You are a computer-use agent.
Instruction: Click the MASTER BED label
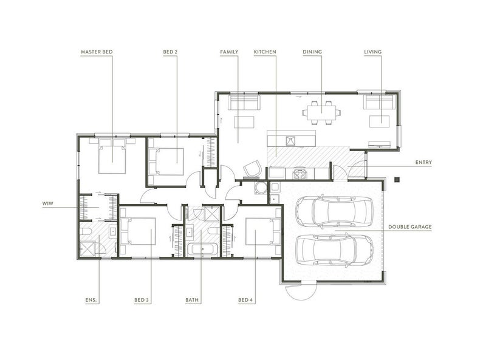pyautogui.click(x=97, y=52)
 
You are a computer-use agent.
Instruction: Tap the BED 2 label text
pyautogui.click(x=170, y=52)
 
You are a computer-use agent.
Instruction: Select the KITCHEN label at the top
pyautogui.click(x=265, y=52)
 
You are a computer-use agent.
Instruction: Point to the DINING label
pyautogui.click(x=312, y=52)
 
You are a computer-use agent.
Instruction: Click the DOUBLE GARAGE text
pyautogui.click(x=409, y=227)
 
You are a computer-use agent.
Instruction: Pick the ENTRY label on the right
pyautogui.click(x=423, y=162)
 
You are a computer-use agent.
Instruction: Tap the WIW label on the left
pyautogui.click(x=48, y=203)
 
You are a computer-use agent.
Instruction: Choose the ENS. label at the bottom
pyautogui.click(x=91, y=300)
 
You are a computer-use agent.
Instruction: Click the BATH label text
pyautogui.click(x=192, y=300)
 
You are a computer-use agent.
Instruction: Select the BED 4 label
pyautogui.click(x=245, y=300)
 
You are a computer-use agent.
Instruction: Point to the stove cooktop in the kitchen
pyautogui.click(x=299, y=174)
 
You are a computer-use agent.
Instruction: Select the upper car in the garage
pyautogui.click(x=335, y=212)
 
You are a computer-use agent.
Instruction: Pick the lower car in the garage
pyautogui.click(x=335, y=250)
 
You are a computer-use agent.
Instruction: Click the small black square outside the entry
pyautogui.click(x=397, y=179)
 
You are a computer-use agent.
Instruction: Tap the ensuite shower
pyautogui.click(x=86, y=248)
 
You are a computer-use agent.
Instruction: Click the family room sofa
pyautogui.click(x=244, y=103)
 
